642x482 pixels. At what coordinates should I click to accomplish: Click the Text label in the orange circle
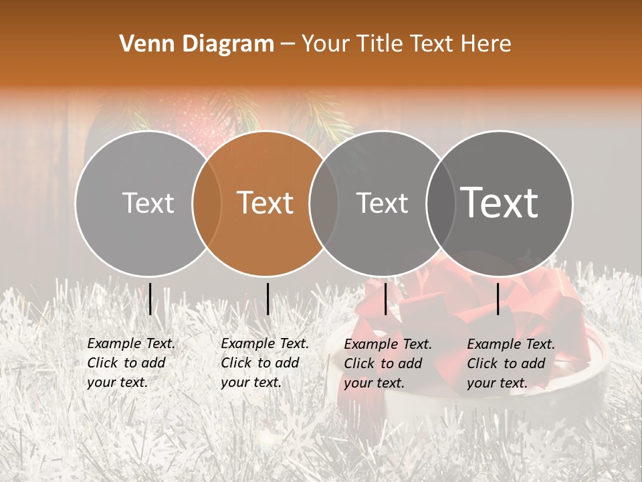[265, 203]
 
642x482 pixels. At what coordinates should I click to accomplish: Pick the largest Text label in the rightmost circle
[500, 203]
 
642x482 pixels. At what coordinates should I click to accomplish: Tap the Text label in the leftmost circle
[148, 203]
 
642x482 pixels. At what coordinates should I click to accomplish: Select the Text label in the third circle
[382, 203]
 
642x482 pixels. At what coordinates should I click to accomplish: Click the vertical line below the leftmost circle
[150, 299]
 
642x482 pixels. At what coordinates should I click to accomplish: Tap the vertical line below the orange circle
[267, 299]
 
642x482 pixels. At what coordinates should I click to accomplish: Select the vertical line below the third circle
[386, 299]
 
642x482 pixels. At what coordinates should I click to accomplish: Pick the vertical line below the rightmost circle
[498, 299]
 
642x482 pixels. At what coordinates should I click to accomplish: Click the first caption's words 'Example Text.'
[131, 343]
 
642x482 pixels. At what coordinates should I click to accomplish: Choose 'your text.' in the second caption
[251, 382]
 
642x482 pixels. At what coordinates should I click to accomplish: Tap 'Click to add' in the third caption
[383, 364]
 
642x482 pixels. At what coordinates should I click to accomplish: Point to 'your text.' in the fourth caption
[497, 383]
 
